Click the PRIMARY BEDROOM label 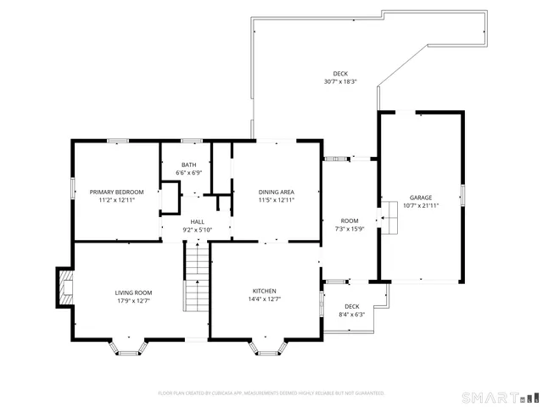(116, 192)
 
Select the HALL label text (196, 220)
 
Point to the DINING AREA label (277, 192)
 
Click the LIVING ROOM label (133, 293)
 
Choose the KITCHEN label (265, 290)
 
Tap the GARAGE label (421, 197)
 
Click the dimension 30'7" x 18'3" (340, 82)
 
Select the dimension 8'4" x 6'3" (351, 315)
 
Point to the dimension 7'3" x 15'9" (350, 229)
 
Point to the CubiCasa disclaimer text (271, 393)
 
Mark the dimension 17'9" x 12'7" (133, 300)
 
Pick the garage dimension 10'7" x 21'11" (421, 205)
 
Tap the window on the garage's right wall (463, 195)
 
